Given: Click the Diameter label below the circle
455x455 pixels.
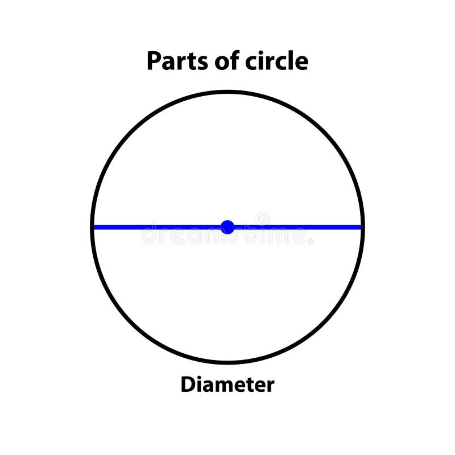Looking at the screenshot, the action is pos(227,385).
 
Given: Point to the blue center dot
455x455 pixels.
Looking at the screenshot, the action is pos(227,227).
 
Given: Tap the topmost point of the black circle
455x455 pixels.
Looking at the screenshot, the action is pos(227,92).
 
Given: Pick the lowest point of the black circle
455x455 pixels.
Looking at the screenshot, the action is pos(227,362).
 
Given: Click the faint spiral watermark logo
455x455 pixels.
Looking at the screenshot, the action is pos(263,219).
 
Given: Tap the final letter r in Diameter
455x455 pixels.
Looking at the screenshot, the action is pos(270,386).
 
